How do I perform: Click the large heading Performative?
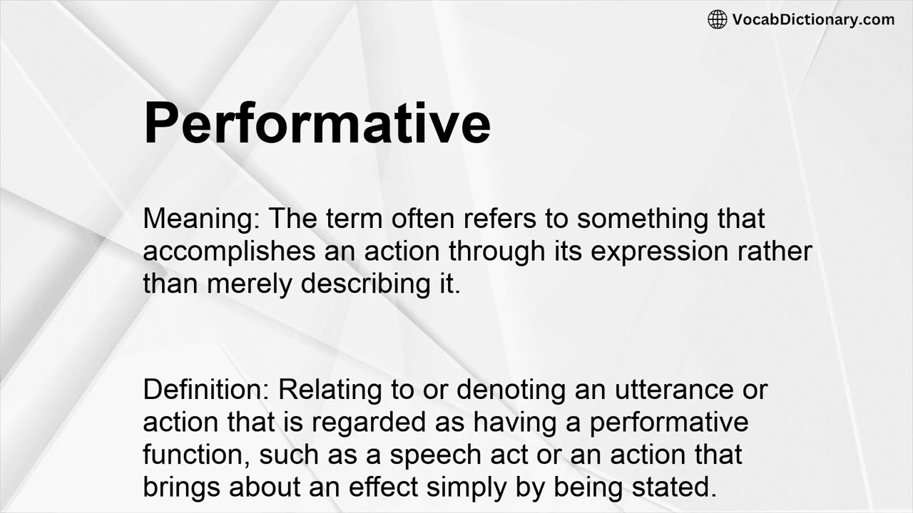[317, 124]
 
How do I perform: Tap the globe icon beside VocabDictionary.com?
[717, 19]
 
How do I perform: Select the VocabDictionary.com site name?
[812, 19]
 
